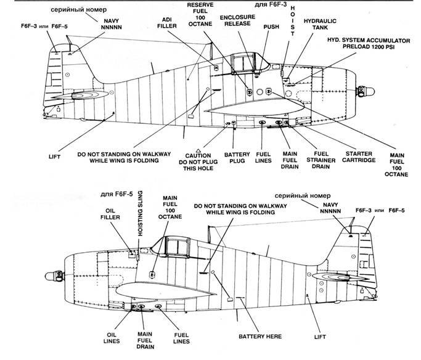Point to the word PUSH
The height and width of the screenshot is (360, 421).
(271, 28)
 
